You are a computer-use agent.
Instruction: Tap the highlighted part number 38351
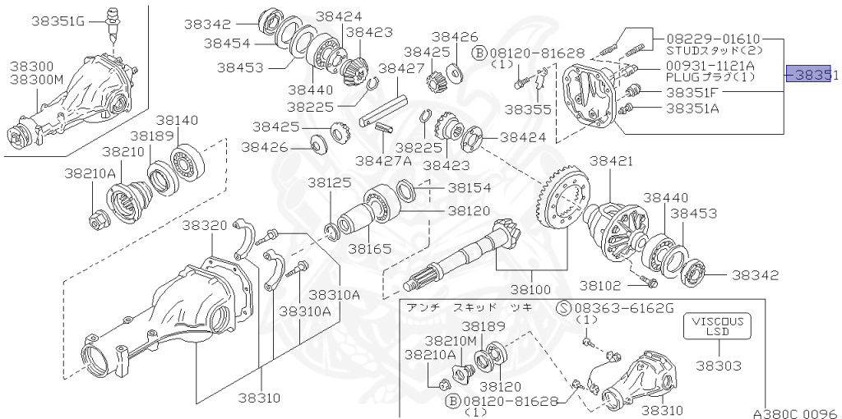coord(812,75)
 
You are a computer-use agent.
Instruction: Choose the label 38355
coord(529,108)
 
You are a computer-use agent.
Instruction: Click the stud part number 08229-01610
coord(713,39)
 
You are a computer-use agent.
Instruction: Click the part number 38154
coord(470,187)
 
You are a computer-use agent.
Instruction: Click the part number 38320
coord(205,225)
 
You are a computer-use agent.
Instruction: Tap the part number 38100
coord(534,290)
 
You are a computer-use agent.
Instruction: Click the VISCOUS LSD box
coord(716,326)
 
